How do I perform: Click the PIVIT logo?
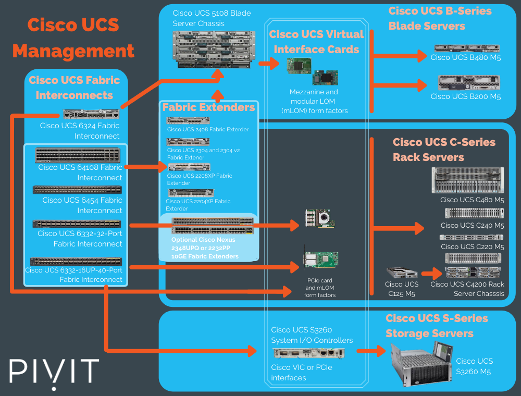(x=54, y=371)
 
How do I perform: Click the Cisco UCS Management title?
(x=73, y=38)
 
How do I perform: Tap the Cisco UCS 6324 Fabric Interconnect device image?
(x=92, y=114)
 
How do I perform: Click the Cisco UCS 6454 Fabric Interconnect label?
(x=82, y=205)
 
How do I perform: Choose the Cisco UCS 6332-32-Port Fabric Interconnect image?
(x=77, y=224)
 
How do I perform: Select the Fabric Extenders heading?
(x=208, y=107)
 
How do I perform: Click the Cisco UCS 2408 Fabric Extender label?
(x=208, y=129)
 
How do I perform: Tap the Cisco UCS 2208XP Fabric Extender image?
(x=189, y=167)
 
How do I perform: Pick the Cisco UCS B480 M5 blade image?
(x=466, y=48)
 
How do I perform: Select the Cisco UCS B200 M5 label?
(x=465, y=96)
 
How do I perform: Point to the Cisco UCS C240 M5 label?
(x=472, y=226)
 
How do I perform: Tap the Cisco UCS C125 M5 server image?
(x=402, y=273)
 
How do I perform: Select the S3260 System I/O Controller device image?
(x=308, y=353)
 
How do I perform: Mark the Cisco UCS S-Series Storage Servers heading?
(x=437, y=326)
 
